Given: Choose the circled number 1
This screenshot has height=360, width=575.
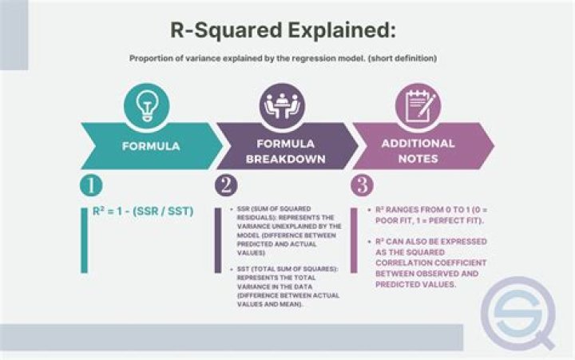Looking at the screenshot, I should click(91, 185).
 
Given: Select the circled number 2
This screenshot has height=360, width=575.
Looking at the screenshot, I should click(226, 185).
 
